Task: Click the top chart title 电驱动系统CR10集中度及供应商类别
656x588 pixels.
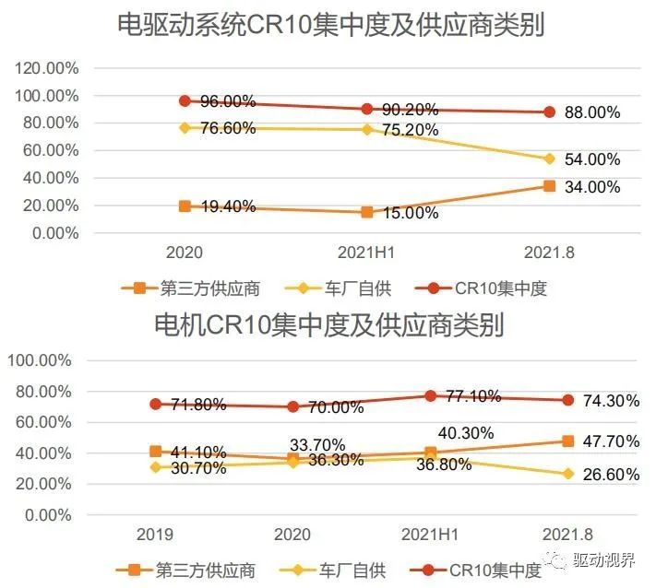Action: (330, 25)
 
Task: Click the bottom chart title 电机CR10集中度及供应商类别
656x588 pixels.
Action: (328, 324)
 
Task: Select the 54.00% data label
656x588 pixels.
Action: (591, 159)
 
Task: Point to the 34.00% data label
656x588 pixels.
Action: (591, 187)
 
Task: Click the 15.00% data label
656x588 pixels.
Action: (410, 213)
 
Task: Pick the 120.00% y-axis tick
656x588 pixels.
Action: (46, 68)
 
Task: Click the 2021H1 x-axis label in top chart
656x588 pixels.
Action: (367, 251)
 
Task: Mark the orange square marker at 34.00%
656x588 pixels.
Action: (549, 186)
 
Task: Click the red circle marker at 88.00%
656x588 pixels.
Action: (549, 112)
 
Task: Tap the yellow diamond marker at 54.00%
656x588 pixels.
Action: (549, 159)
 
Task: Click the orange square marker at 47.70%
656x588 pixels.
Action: (567, 441)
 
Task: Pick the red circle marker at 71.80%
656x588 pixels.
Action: (156, 404)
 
